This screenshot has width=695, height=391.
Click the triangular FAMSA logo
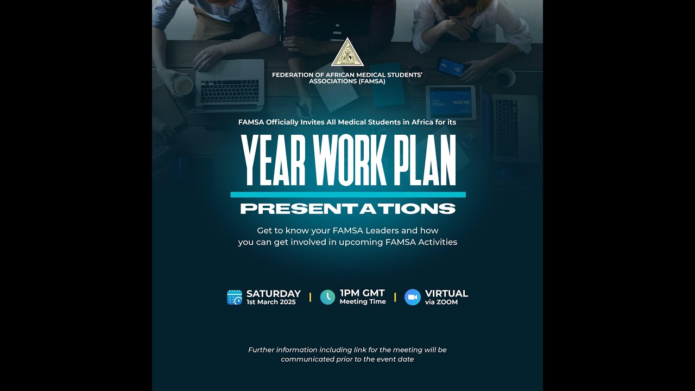pyautogui.click(x=347, y=53)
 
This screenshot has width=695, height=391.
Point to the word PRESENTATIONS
pyautogui.click(x=347, y=209)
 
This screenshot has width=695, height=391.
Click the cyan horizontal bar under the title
pyautogui.click(x=347, y=194)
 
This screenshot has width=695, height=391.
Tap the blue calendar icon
pyautogui.click(x=235, y=297)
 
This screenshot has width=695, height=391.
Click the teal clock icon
pyautogui.click(x=327, y=297)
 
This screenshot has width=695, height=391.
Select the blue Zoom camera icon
pyautogui.click(x=413, y=297)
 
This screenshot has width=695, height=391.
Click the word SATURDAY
pyautogui.click(x=273, y=294)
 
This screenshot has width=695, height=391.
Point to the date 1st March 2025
pyautogui.click(x=271, y=302)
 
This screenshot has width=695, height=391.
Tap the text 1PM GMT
pyautogui.click(x=362, y=293)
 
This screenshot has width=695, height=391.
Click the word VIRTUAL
pyautogui.click(x=446, y=294)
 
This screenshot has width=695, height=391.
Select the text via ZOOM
pyautogui.click(x=441, y=302)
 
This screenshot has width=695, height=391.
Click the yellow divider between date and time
pyautogui.click(x=310, y=297)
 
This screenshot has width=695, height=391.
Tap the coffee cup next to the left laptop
pyautogui.click(x=183, y=85)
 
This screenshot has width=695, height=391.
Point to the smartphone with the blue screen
pyautogui.click(x=451, y=67)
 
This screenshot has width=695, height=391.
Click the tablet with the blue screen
pyautogui.click(x=451, y=102)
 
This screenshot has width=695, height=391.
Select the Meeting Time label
pyautogui.click(x=363, y=302)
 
